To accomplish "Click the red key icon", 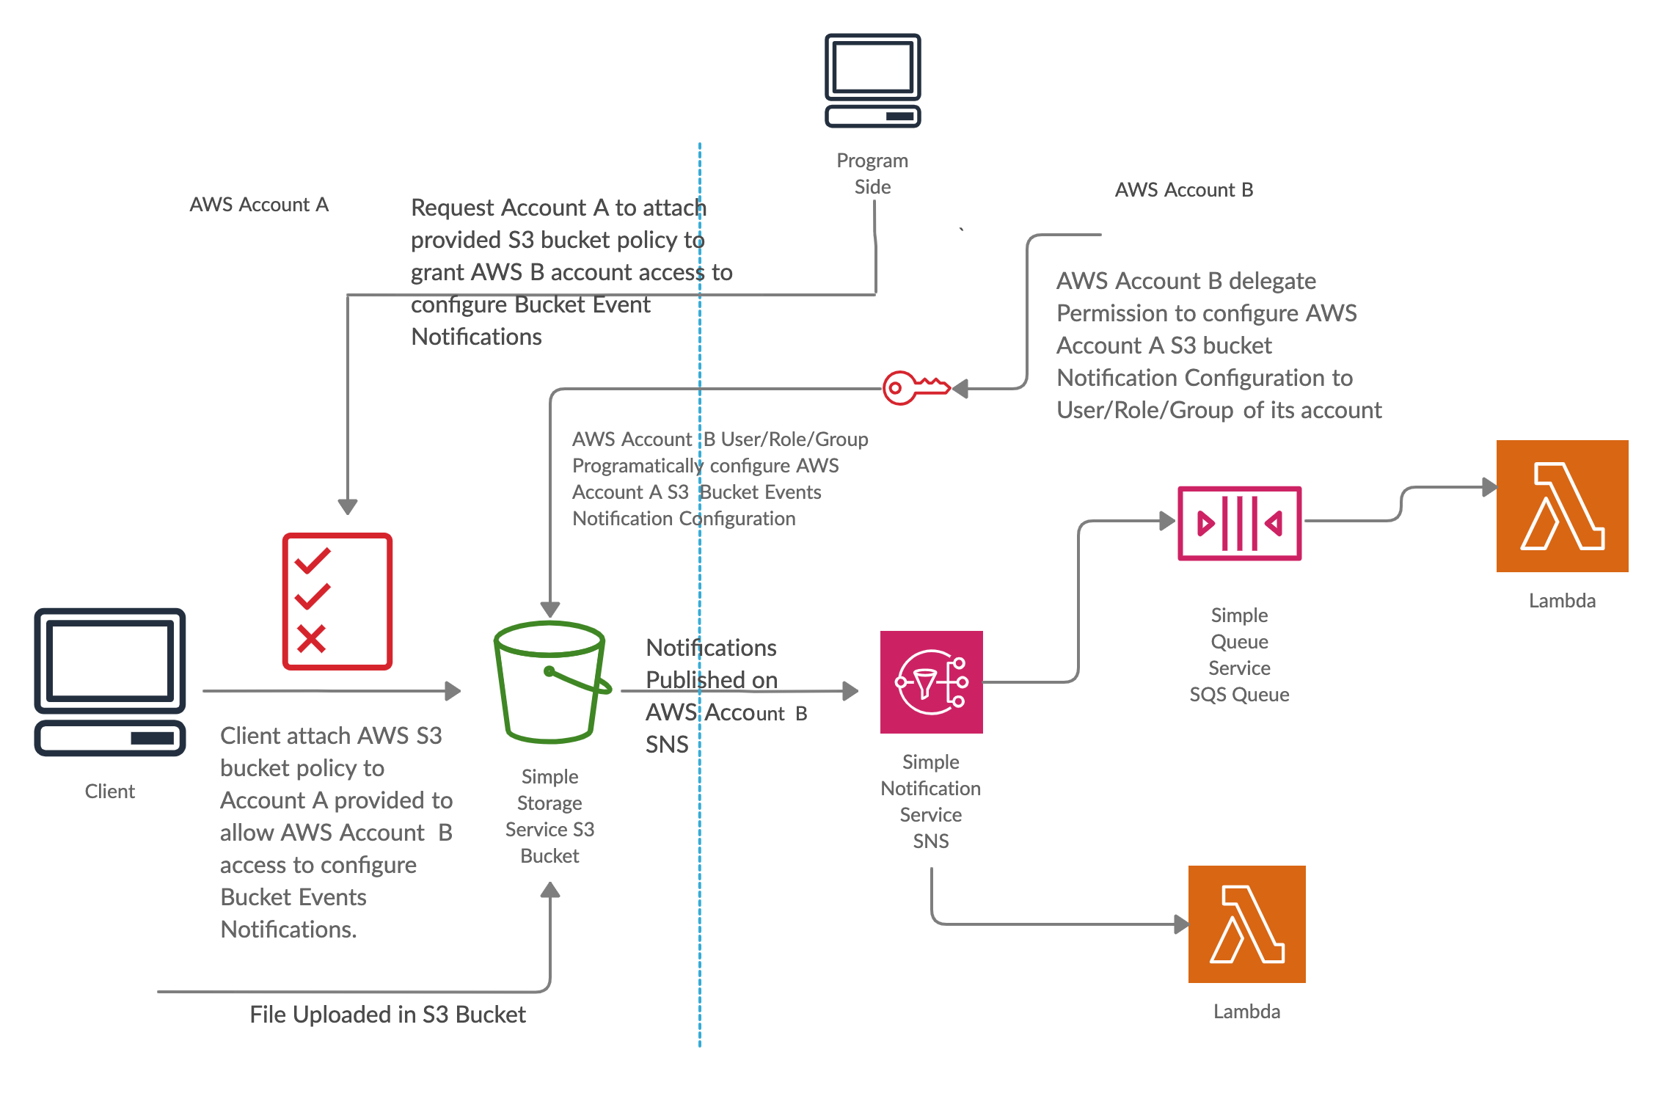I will coord(914,387).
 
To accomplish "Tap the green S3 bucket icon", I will coord(551,682).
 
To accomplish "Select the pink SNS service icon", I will coord(931,682).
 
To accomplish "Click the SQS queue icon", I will coord(1239,523).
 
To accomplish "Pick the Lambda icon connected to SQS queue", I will coord(1562,506).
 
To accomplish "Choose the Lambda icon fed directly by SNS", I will coord(1246,924).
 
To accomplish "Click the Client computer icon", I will coord(110,682).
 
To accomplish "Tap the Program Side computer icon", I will coord(872,81).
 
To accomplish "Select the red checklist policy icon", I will coord(337,601).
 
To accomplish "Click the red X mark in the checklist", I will coord(311,639).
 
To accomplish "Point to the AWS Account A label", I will coord(259,205).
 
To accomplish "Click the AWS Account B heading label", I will coord(1183,190).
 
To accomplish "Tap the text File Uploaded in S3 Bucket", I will coord(387,1015).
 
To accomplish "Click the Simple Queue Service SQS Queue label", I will coord(1239,654).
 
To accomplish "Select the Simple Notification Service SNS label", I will coord(930,801).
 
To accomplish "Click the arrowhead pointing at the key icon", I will coord(960,388).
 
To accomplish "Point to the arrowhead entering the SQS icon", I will coord(1167,521).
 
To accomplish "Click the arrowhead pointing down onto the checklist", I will coord(348,507).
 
